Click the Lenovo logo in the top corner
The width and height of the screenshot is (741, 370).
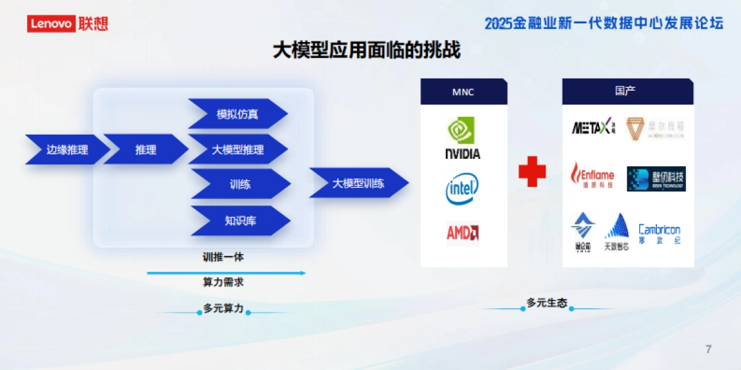(x=67, y=23)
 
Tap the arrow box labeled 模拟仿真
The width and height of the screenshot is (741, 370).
(x=238, y=114)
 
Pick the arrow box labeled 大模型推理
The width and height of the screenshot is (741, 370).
(x=238, y=149)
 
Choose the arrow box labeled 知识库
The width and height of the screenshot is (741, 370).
(x=240, y=221)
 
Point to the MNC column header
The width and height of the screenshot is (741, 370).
(x=464, y=92)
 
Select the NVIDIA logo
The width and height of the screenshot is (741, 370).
(x=463, y=138)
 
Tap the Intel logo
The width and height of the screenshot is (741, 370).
(x=462, y=189)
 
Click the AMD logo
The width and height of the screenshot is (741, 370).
(x=463, y=233)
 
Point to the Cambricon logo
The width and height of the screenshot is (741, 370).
(x=659, y=233)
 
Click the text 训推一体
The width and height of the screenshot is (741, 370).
(x=224, y=257)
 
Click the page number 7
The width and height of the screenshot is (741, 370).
(x=708, y=349)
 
